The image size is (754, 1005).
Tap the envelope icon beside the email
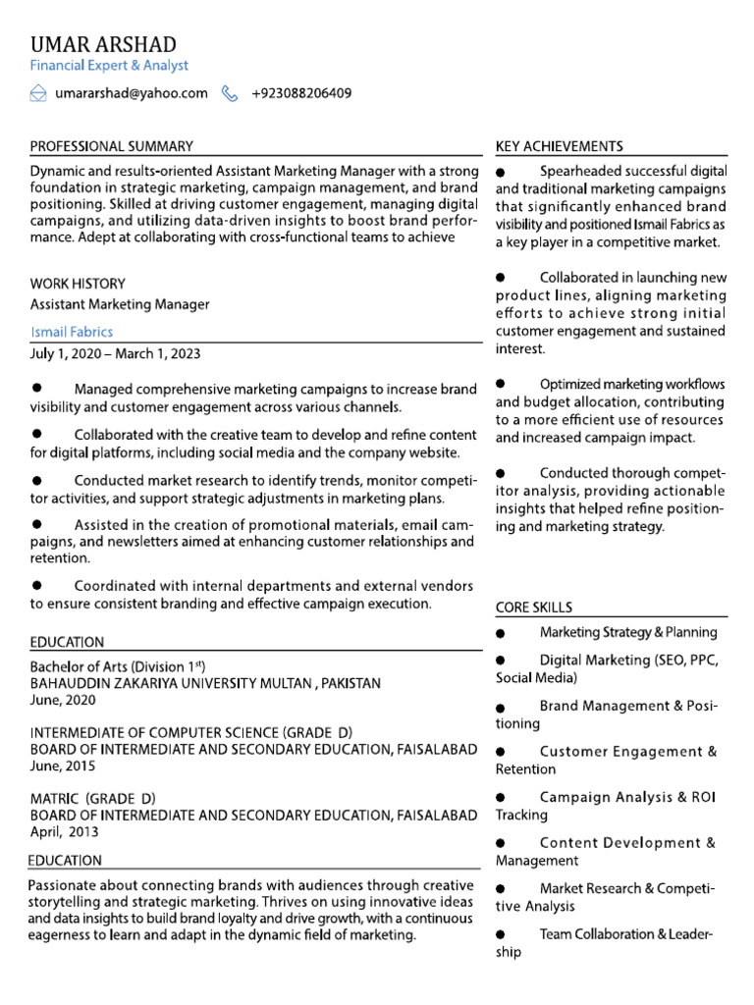(38, 93)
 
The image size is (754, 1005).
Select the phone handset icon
(230, 93)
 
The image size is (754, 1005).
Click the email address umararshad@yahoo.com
(132, 93)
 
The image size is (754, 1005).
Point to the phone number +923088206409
(301, 93)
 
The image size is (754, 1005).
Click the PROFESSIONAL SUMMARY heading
(111, 146)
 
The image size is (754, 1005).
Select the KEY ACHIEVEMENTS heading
(559, 146)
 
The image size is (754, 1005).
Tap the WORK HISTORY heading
(78, 284)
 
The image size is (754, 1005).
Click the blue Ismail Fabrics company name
(72, 332)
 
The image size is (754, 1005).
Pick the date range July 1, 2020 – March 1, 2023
(116, 353)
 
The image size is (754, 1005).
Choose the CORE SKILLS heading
(534, 608)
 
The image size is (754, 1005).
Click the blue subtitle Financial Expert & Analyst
(109, 66)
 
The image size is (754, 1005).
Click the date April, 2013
(64, 832)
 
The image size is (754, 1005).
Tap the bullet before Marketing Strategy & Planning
(501, 634)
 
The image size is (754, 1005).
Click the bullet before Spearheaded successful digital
(501, 173)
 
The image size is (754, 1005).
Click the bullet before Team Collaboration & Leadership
(501, 935)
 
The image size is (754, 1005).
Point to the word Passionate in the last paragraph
(62, 884)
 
